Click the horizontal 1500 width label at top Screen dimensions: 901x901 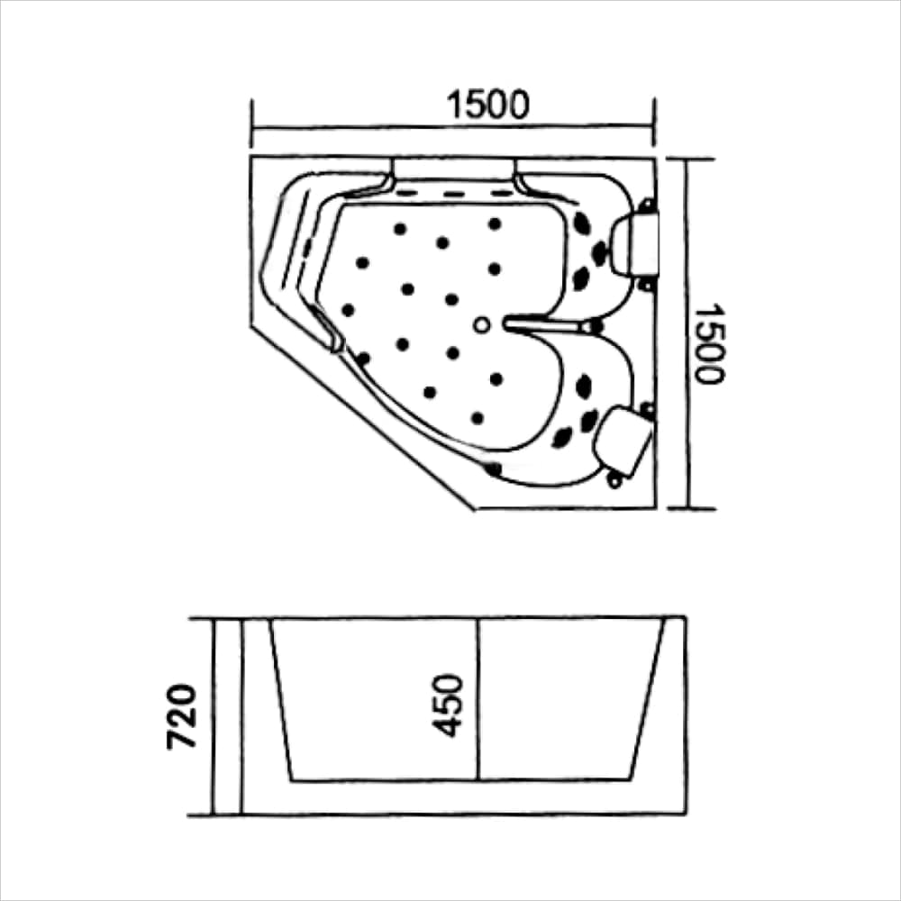click(x=487, y=105)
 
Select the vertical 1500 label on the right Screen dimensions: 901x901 click(x=709, y=343)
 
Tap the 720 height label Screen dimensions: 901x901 click(x=182, y=716)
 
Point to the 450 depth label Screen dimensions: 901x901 click(x=447, y=705)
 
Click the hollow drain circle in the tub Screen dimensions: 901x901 click(x=481, y=325)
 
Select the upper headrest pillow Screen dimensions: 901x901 click(x=633, y=244)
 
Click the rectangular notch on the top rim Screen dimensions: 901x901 click(x=454, y=169)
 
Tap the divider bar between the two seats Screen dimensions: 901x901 click(x=542, y=325)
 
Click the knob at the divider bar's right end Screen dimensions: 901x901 click(x=592, y=326)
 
